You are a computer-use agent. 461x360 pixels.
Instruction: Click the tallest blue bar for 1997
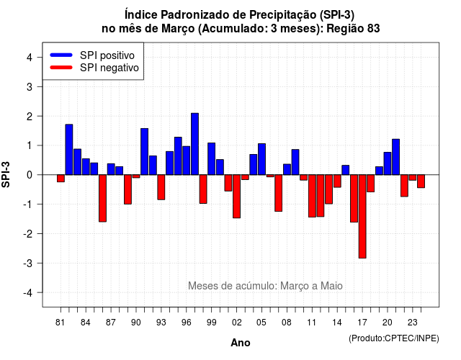[194, 144]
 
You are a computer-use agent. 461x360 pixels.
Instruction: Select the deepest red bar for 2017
[362, 217]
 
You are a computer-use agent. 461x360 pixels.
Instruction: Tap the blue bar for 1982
[69, 150]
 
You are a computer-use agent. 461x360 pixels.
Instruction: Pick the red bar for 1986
[102, 199]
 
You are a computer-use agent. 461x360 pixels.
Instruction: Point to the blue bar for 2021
[395, 157]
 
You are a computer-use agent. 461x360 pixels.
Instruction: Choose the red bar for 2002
[237, 197]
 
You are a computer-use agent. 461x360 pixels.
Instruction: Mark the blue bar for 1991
[144, 152]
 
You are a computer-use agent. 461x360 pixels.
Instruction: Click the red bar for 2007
[279, 193]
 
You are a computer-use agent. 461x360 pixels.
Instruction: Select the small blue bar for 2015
[346, 170]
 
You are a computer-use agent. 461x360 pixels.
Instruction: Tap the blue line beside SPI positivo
[61, 55]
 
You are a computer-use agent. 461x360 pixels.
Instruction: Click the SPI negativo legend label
[109, 68]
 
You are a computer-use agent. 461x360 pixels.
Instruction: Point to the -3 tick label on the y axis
[28, 263]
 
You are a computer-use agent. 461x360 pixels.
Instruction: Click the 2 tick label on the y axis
[30, 117]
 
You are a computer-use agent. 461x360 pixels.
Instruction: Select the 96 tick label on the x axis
[186, 323]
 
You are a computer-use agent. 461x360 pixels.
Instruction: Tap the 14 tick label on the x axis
[337, 323]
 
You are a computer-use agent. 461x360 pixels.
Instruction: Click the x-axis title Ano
[241, 343]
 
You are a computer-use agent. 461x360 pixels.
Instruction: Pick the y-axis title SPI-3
[6, 174]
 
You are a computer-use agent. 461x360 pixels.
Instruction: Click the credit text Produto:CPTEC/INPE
[394, 338]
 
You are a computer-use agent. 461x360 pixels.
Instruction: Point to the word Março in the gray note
[296, 286]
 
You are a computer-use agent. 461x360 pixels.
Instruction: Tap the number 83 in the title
[373, 29]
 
